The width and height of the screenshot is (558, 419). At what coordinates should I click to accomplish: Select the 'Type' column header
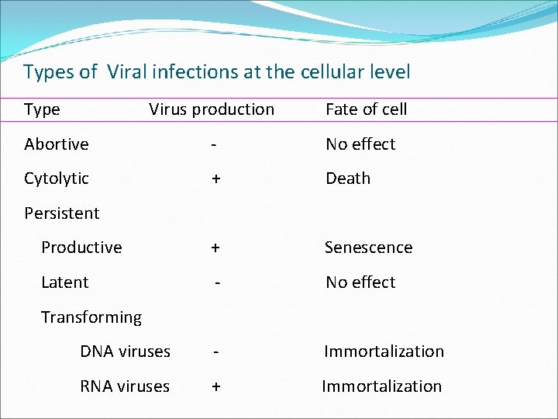[x=42, y=109]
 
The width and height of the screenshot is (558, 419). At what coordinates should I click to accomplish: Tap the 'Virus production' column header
[x=212, y=109]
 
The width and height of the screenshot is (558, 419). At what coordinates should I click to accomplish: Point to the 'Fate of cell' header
[x=366, y=109]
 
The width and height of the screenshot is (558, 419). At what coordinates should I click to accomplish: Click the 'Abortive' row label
[x=57, y=144]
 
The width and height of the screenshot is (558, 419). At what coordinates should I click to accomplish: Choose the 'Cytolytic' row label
[x=57, y=178]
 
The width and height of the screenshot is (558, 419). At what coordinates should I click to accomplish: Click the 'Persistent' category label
[x=62, y=213]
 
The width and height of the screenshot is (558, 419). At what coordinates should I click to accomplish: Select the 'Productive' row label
[x=81, y=248]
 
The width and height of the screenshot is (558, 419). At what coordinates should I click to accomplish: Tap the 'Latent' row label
[x=64, y=282]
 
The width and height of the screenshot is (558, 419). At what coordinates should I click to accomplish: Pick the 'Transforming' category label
[x=91, y=317]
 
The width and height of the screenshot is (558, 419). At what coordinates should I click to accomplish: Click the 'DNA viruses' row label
[x=125, y=351]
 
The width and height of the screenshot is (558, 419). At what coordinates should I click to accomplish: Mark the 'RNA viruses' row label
[x=125, y=386]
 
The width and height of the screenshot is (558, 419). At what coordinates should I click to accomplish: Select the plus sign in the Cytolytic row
[x=216, y=178]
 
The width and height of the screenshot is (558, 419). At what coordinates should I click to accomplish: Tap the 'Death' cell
[x=348, y=178]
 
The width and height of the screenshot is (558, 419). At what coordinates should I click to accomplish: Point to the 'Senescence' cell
[x=368, y=248]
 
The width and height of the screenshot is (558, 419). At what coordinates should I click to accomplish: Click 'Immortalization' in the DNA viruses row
[x=384, y=351]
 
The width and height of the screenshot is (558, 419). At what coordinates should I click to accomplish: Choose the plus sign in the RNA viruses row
[x=216, y=386]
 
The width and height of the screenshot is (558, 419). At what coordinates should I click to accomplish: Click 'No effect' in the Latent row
[x=360, y=282]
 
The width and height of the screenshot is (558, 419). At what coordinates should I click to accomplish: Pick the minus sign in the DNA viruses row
[x=216, y=352]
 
